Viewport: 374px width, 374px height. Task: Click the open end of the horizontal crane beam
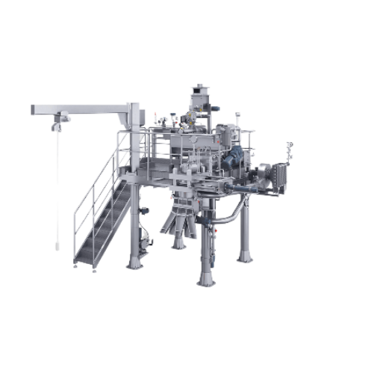pos(34,110)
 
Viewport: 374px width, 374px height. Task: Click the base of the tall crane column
pos(134,263)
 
